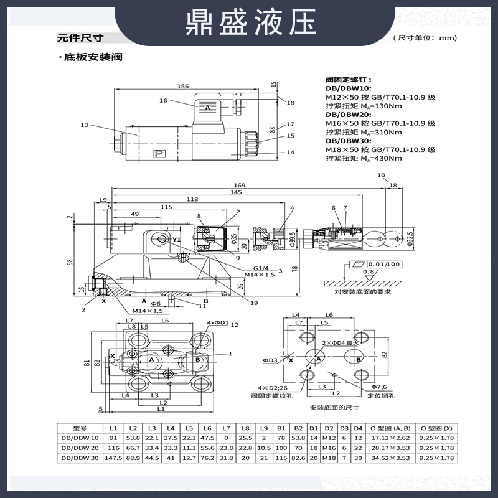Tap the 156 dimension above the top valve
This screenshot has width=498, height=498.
(x=183, y=87)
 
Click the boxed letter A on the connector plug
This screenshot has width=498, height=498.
(x=208, y=108)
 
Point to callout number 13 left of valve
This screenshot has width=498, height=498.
(x=85, y=125)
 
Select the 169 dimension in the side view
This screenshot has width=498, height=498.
(x=239, y=186)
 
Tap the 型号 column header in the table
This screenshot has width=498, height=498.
(x=79, y=428)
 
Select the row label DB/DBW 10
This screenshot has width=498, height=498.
(x=79, y=438)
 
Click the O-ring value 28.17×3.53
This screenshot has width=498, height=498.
(x=387, y=448)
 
